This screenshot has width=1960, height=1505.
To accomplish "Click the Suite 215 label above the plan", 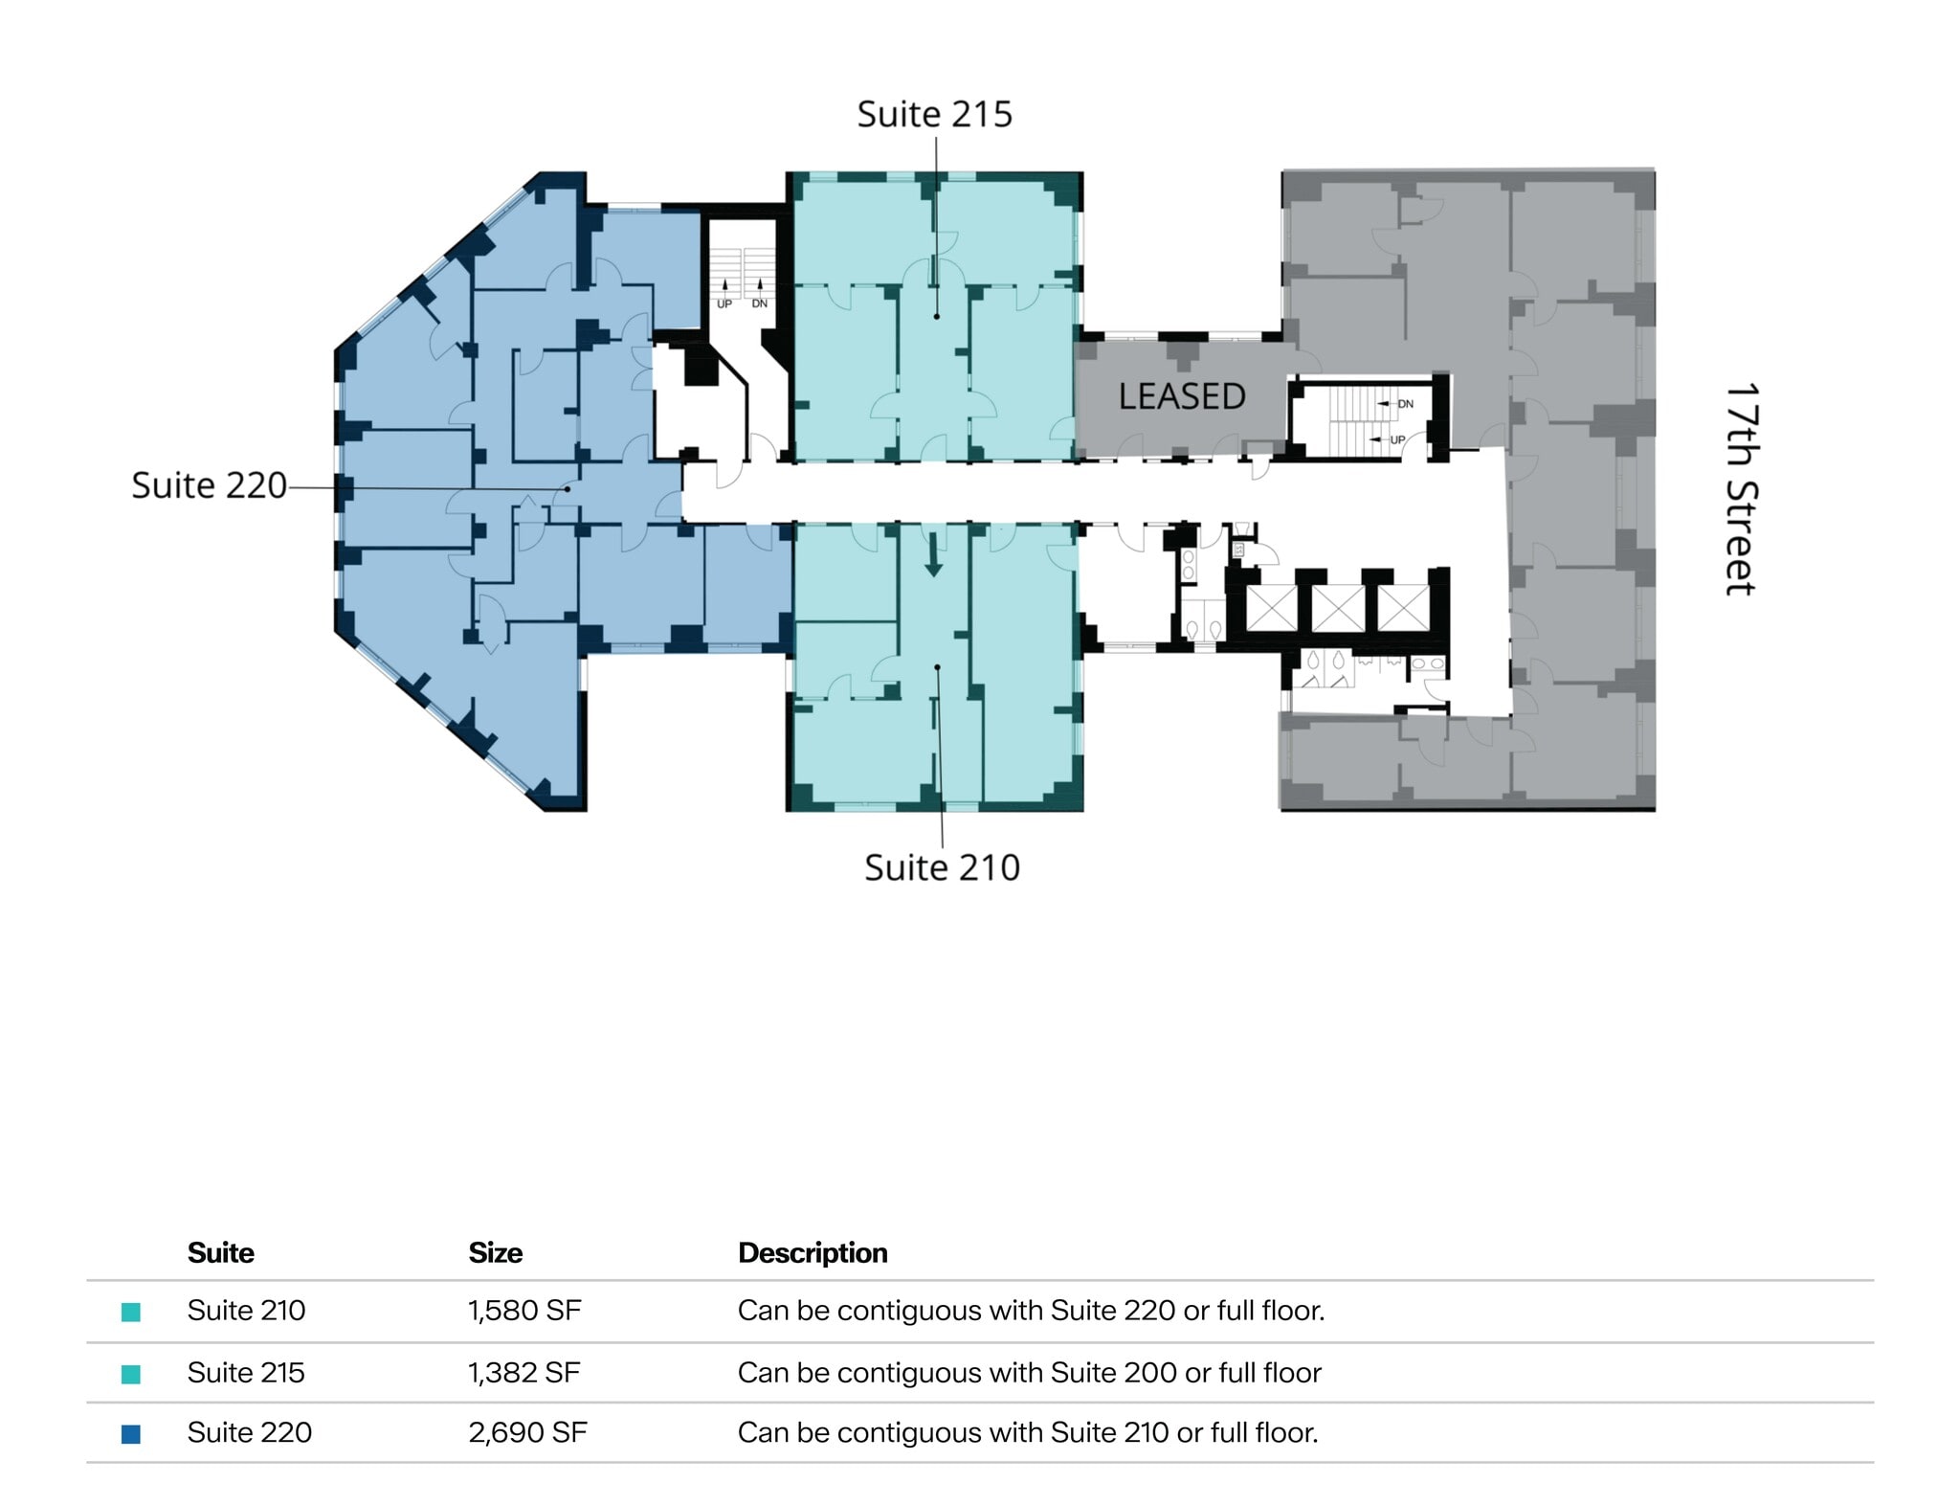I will tap(934, 114).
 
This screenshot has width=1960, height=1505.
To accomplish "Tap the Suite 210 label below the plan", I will tap(942, 867).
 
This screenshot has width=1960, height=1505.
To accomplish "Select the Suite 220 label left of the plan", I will tap(209, 485).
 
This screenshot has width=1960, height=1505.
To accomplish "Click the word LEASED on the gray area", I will tap(1181, 396).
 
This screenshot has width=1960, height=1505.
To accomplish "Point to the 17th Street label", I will tap(1740, 489).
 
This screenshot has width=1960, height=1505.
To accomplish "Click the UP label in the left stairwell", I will tap(724, 303).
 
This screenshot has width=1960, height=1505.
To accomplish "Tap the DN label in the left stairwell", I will tap(759, 303).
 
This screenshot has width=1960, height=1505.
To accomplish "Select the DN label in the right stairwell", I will tap(1405, 404).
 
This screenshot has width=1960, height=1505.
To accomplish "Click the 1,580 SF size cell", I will tap(524, 1310).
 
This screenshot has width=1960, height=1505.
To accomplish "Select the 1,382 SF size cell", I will tap(523, 1372).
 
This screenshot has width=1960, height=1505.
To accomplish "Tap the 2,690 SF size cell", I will tap(527, 1432).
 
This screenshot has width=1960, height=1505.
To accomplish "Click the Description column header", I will tap(813, 1252).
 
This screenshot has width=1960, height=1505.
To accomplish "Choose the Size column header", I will tap(495, 1252).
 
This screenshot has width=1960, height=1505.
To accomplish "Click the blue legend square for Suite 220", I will tap(131, 1433).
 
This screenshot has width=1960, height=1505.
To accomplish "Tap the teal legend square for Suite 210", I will tap(131, 1312).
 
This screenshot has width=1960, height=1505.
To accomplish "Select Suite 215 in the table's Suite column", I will tap(246, 1372).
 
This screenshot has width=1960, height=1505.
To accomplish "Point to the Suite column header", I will tap(220, 1252).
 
